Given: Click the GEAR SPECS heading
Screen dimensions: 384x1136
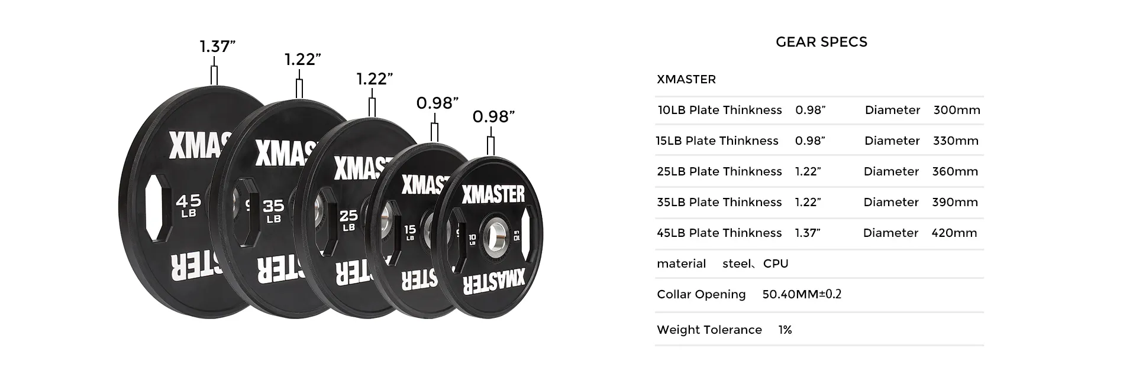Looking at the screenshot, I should [x=821, y=42].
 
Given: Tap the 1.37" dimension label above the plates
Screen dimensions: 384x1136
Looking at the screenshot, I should [x=217, y=47].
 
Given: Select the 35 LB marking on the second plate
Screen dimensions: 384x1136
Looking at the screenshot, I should [x=273, y=210].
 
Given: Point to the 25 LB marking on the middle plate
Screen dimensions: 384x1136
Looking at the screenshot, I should [x=348, y=220].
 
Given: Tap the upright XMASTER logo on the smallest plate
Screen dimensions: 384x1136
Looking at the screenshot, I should [x=493, y=194].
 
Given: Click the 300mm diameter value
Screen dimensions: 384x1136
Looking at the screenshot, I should [x=956, y=110].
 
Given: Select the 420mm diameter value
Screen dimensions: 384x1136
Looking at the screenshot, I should [x=954, y=233].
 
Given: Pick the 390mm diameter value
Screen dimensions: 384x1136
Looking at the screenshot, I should [x=954, y=203].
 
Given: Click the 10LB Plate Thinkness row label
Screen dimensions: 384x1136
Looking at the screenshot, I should [x=719, y=110].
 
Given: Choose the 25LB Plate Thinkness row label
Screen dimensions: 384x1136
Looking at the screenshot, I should [x=719, y=172].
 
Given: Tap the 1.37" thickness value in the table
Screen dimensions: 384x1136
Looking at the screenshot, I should [x=807, y=233].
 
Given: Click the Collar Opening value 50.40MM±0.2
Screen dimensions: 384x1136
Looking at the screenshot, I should [x=802, y=294].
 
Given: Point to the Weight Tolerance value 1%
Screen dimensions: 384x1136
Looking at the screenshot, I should [x=785, y=330].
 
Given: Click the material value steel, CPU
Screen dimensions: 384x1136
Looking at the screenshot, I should [x=755, y=264].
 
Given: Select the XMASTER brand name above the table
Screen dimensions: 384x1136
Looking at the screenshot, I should [x=686, y=80].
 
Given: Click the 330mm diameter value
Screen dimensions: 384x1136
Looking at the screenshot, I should [x=956, y=141].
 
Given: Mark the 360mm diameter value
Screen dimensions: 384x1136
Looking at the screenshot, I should [x=955, y=172].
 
